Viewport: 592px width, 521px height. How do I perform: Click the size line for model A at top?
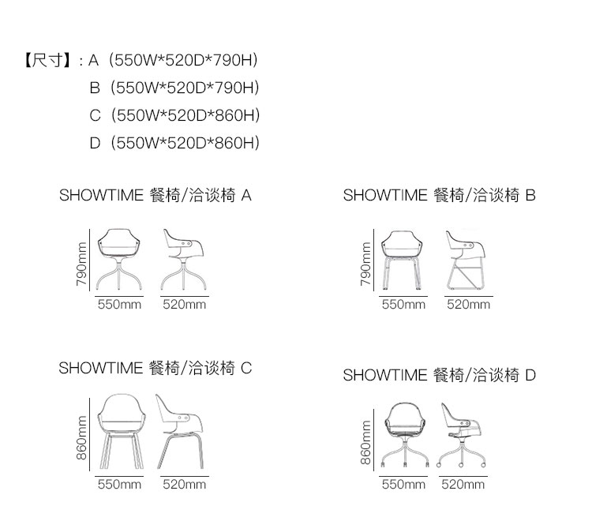click(173, 61)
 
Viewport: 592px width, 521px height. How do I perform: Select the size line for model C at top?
click(174, 115)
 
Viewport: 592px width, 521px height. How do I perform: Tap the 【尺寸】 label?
click(48, 61)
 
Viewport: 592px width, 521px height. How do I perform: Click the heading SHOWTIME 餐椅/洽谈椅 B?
click(440, 196)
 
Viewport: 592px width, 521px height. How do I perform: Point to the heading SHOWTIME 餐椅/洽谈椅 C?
click(155, 368)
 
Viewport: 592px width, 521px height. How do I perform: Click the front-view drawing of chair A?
click(119, 260)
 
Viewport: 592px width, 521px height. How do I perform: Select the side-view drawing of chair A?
click(184, 260)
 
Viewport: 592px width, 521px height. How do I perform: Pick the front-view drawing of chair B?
click(402, 260)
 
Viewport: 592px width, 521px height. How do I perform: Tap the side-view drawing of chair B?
click(466, 260)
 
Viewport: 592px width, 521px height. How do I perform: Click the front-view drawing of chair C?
click(122, 432)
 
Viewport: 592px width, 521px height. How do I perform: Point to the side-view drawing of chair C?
click(180, 432)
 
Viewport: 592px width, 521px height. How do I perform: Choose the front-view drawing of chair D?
click(405, 435)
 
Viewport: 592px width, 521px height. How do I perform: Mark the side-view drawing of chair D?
click(461, 435)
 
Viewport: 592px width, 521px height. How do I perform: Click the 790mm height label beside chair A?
click(81, 264)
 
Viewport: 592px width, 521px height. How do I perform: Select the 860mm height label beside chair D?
click(365, 443)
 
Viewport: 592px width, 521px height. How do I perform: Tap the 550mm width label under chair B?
click(403, 304)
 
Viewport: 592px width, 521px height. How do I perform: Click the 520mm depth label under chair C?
click(184, 485)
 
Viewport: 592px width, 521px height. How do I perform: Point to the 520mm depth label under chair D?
click(463, 485)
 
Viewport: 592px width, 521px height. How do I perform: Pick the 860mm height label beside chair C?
click(81, 438)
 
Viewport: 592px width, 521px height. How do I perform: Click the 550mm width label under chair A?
click(119, 304)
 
